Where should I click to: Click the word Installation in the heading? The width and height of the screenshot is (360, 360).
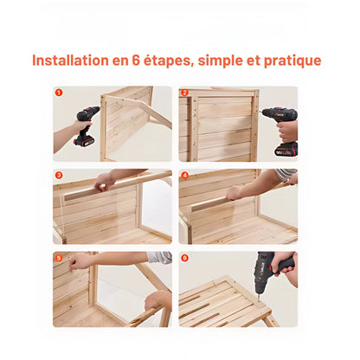click(70, 61)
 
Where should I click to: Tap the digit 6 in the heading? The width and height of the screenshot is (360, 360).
click(136, 61)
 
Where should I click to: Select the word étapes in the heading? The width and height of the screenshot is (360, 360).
click(169, 61)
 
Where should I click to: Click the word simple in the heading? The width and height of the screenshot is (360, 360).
click(221, 61)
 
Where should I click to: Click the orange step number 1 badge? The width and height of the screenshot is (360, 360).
click(59, 93)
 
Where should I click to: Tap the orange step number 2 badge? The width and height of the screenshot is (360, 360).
click(184, 93)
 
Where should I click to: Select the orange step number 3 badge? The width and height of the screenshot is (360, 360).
click(59, 176)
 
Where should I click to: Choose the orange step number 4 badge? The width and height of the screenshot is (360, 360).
click(184, 176)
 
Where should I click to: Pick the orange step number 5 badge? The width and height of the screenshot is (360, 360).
click(59, 258)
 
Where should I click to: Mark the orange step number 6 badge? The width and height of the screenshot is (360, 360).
click(184, 258)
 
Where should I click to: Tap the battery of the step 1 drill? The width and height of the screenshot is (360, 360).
click(84, 141)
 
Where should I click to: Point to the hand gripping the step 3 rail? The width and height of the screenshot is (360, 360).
click(104, 182)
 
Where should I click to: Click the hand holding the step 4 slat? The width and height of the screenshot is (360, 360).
click(235, 193)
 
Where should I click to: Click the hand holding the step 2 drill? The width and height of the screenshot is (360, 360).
click(287, 132)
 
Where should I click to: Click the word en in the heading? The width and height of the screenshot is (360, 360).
click(120, 61)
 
